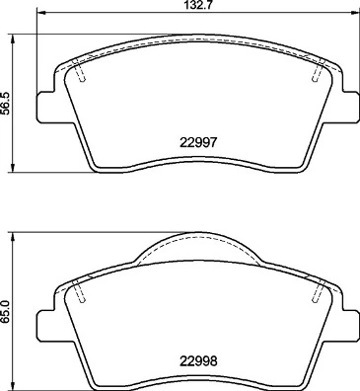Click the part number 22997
(x=198, y=141)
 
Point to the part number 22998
(x=198, y=359)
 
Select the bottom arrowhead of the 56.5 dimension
(x=13, y=166)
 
